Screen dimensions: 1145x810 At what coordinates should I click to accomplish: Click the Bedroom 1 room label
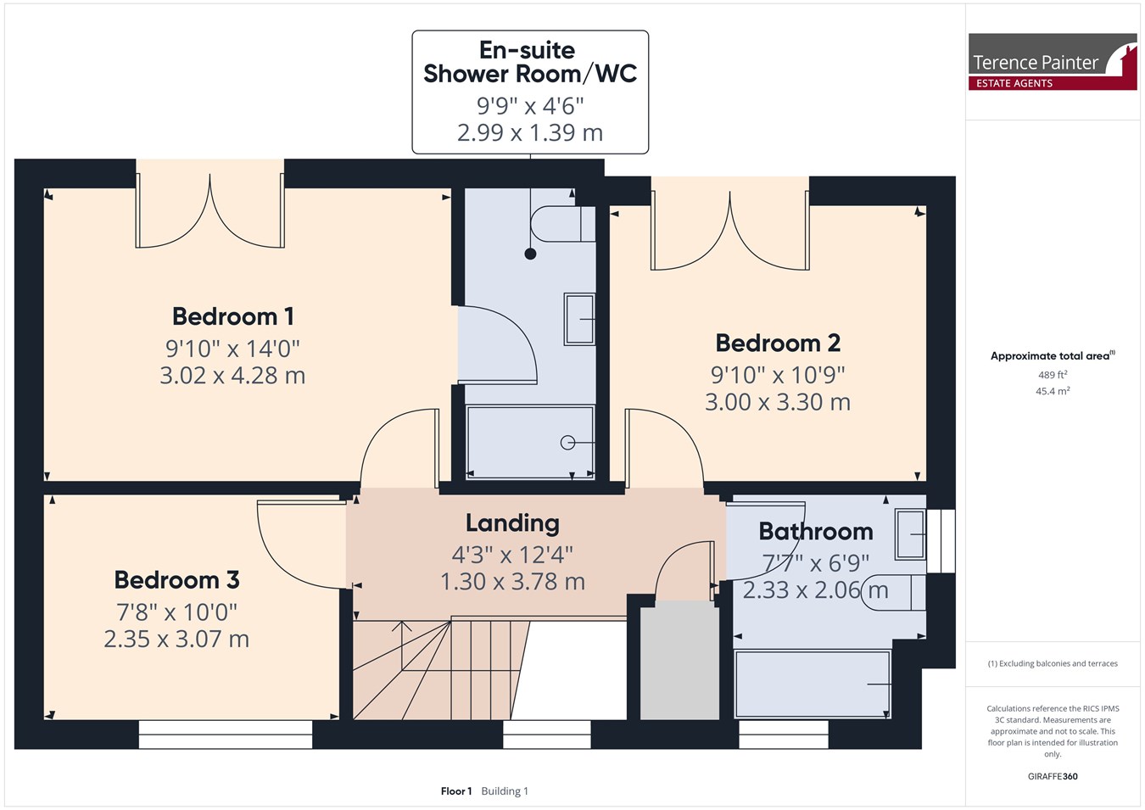pos(233,317)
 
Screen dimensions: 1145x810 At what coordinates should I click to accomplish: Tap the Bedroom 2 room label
pos(778,343)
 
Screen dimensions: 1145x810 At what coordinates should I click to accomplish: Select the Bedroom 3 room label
pos(176,580)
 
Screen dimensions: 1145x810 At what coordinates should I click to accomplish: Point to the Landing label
pos(512,524)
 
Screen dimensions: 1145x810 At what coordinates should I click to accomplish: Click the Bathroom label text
pos(816,532)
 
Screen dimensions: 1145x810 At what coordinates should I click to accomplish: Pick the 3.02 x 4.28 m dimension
pos(232,376)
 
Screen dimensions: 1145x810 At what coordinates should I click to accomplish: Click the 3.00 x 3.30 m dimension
pos(778,402)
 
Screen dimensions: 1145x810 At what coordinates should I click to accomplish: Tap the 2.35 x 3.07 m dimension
pos(176,640)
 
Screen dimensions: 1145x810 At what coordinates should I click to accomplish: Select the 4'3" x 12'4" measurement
pos(512,555)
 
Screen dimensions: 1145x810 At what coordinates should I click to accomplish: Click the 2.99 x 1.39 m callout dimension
pos(530,133)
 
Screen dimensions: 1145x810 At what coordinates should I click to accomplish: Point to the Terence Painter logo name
pos(1035,63)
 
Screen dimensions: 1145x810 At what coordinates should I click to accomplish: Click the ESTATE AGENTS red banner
pos(1053,83)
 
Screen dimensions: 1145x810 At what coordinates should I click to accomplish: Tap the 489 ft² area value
pos(1053,375)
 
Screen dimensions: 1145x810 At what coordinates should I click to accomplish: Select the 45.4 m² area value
pos(1053,391)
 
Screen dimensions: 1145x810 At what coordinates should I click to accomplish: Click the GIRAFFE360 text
pos(1053,776)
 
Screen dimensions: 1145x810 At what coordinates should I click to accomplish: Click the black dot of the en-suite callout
pos(531,254)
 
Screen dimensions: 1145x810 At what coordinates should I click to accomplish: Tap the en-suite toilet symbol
pos(563,224)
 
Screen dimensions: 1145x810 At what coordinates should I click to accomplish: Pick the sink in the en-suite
pos(579,320)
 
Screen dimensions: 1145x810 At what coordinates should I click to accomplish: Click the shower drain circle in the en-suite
pos(567,443)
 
